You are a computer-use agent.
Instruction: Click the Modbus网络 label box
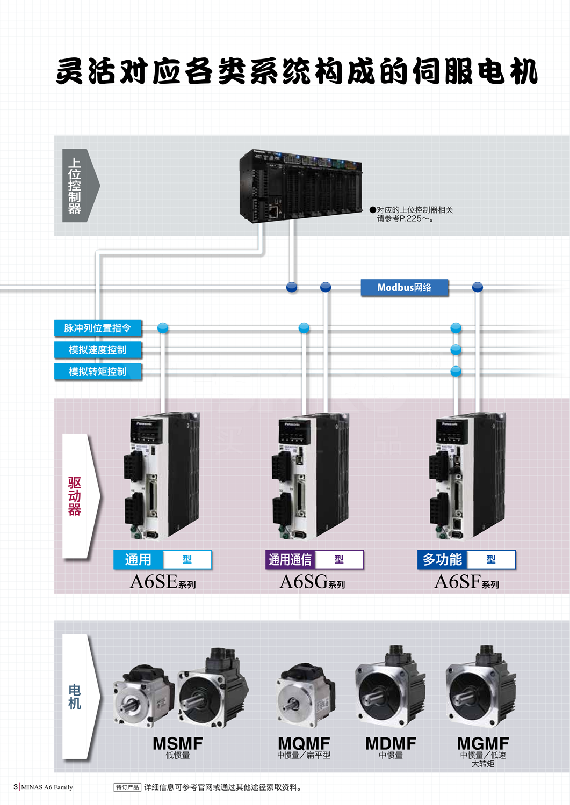point(404,288)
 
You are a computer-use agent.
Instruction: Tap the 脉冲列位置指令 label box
point(98,328)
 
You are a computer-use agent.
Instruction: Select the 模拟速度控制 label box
point(98,350)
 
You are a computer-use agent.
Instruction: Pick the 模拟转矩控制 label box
point(98,371)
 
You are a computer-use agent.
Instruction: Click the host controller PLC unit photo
point(301,186)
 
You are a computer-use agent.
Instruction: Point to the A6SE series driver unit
point(163,476)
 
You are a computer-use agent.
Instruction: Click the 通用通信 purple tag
point(290,560)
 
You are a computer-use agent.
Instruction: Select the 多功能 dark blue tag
point(442,560)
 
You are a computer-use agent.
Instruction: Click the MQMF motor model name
point(304,743)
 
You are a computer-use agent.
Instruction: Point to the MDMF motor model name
point(391,743)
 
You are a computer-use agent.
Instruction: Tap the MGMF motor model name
point(482,743)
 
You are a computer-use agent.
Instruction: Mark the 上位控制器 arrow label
point(76,186)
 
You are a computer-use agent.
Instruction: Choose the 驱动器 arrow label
point(75,496)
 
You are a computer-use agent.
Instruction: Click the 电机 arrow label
point(75,697)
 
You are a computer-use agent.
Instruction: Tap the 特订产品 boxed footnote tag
point(127,787)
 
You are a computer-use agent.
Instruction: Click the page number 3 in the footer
point(16,787)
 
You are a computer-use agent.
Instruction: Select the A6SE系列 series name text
point(163,582)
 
